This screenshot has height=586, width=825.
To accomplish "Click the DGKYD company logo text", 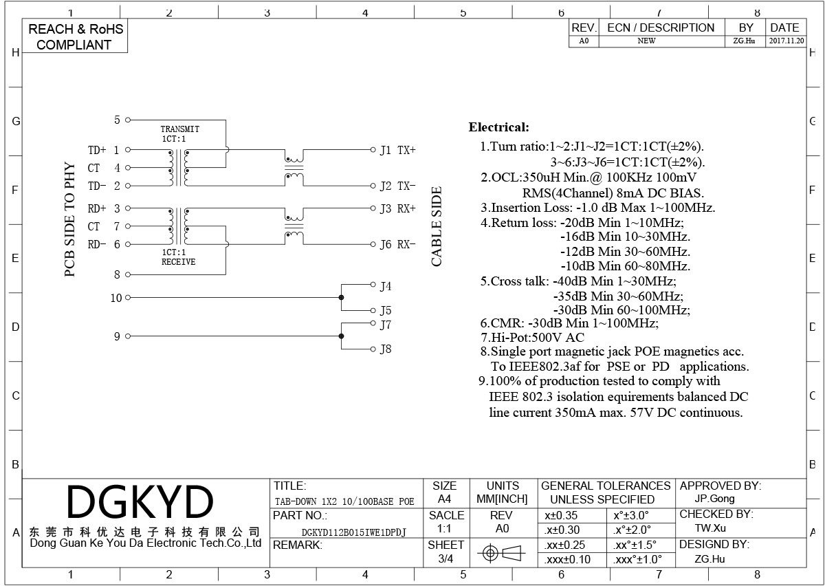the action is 140,501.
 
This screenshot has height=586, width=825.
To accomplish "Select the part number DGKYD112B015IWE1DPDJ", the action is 353,532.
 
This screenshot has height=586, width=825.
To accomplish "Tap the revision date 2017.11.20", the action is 786,41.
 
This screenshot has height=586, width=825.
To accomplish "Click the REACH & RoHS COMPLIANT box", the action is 75,36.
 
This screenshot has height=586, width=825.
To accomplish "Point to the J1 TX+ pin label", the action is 398,151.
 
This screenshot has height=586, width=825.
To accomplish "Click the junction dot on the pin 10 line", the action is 342,297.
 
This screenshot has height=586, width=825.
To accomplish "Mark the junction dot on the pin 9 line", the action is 342,336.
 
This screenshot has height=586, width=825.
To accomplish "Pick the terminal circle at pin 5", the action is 128,120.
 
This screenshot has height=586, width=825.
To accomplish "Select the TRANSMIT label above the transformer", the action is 179,129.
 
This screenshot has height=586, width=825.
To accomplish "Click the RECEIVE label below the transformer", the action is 178,261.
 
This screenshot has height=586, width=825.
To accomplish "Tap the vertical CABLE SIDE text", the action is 437,227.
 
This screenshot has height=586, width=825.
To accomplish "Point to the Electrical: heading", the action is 498,127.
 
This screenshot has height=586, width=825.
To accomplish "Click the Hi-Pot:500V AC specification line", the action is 533,338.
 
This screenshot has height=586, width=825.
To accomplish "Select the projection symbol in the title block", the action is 501,553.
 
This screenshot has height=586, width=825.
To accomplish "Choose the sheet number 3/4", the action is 445,558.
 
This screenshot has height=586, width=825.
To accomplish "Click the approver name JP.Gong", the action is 714,499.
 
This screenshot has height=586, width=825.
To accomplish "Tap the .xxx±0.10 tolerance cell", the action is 567,560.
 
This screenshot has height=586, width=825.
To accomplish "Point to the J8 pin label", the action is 386,349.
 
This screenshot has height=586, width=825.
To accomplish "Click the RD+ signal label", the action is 97,208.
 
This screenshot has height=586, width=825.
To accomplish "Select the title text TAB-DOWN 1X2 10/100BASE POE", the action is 344,501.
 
